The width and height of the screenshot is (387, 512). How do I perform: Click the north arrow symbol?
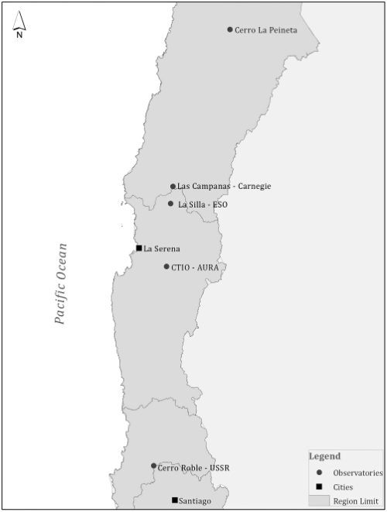19,25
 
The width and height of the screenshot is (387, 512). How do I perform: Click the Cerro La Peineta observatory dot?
230,29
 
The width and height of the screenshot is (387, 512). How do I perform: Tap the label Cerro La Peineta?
265,30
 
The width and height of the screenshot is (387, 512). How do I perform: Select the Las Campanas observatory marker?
173,187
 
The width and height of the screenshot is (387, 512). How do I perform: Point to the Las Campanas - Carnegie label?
224,187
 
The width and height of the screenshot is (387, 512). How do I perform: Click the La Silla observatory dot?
171,204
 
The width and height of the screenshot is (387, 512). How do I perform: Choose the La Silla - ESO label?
203,204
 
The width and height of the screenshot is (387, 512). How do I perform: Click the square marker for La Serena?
139,248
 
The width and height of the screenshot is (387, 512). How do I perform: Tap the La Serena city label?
162,249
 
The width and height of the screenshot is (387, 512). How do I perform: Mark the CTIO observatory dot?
166,266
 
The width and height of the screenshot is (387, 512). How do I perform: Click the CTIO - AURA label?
194,267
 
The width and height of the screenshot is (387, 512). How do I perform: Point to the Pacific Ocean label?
60,283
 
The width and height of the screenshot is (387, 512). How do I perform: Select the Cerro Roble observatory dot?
153,466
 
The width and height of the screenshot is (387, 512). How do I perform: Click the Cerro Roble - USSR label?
193,468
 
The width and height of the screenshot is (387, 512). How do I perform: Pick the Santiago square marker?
175,500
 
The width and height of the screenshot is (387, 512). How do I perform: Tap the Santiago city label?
194,501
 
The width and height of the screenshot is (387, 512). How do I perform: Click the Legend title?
324,456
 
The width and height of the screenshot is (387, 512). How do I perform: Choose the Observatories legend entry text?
358,472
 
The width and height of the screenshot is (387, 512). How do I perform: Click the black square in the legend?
319,486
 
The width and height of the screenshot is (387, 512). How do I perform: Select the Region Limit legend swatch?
319,500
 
